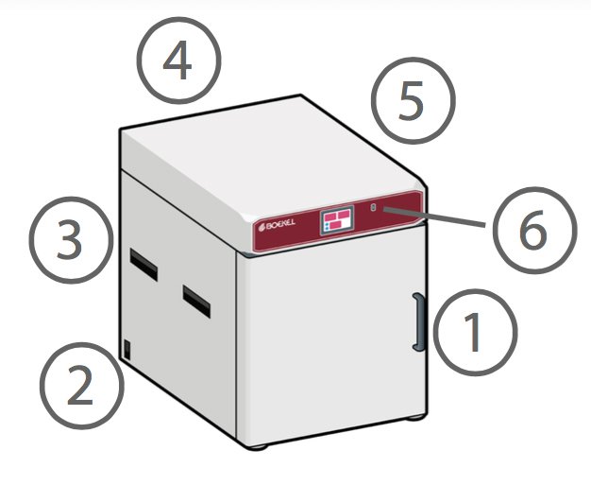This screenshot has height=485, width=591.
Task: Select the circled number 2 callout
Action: (x=82, y=386)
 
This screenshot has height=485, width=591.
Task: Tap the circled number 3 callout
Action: (x=71, y=240)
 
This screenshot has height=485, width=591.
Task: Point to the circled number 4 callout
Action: (x=178, y=61)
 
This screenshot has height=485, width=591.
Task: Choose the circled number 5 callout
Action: (x=414, y=100)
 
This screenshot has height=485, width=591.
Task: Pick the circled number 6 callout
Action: (x=535, y=231)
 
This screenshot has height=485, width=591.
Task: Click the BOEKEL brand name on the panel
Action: (x=280, y=224)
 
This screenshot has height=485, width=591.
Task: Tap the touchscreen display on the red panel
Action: (x=337, y=220)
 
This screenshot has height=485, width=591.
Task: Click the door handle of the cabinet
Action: (x=419, y=322)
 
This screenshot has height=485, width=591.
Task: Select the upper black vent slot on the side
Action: (x=144, y=264)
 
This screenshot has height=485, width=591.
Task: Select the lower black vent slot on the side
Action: (x=196, y=302)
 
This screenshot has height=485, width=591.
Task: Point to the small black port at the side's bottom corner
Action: (x=127, y=350)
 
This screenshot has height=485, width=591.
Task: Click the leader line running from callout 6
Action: (x=434, y=217)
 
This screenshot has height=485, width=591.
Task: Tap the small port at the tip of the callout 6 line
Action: (x=374, y=207)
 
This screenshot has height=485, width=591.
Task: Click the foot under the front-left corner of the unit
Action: (x=259, y=447)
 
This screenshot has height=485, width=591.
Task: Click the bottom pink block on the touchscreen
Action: (x=335, y=225)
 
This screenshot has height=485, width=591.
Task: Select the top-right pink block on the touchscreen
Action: (x=345, y=215)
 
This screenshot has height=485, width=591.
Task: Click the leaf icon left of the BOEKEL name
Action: (x=261, y=227)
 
